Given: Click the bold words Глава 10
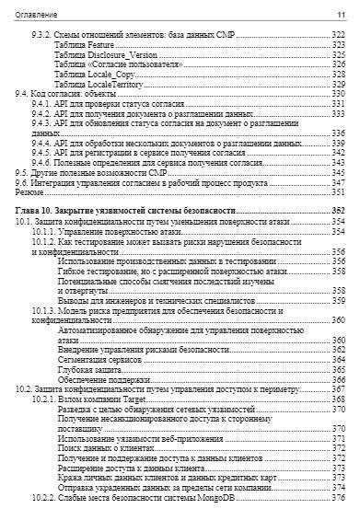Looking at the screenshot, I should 36,211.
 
